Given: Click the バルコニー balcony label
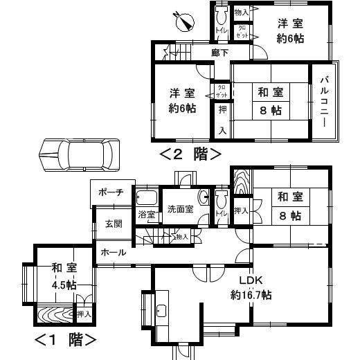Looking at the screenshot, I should click(x=323, y=100).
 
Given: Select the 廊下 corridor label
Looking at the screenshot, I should click(x=221, y=52).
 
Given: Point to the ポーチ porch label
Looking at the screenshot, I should click(x=111, y=192).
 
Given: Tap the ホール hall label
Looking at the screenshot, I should click(x=114, y=253).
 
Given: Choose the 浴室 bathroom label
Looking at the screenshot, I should click(x=146, y=215).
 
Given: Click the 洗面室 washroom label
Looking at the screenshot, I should click(x=179, y=210).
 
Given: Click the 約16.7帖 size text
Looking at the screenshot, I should click(x=251, y=295).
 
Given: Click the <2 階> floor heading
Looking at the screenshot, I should click(x=190, y=153).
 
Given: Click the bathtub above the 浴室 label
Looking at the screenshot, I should click(x=147, y=197).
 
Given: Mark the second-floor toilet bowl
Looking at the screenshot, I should click(x=221, y=15).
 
